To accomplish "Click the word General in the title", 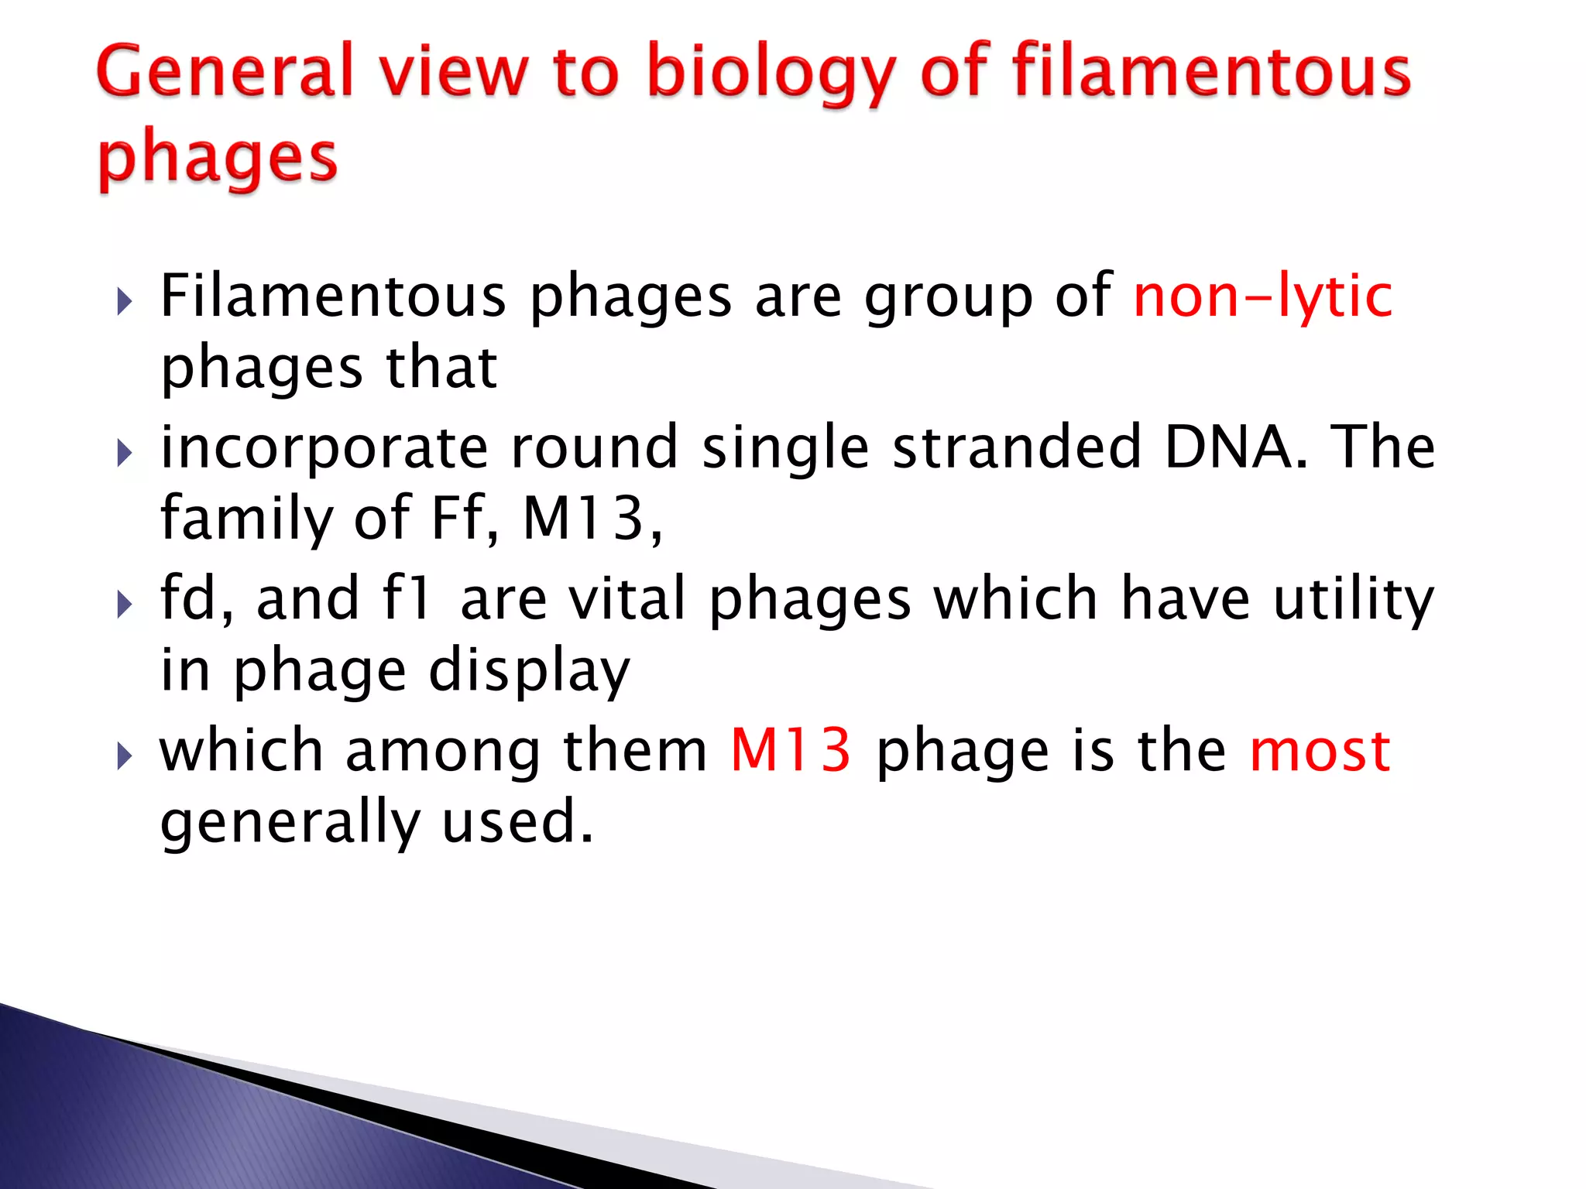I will (x=224, y=71).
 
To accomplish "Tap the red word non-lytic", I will (x=1262, y=296).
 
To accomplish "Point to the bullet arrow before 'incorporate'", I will (x=124, y=453).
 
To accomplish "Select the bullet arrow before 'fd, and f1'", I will (x=124, y=604).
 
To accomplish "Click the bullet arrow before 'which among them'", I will (x=124, y=756).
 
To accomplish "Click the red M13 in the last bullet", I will (x=791, y=750).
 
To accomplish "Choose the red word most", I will (x=1320, y=752).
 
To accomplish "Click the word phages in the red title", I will (x=218, y=159).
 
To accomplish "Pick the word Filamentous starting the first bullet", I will (x=333, y=296).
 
